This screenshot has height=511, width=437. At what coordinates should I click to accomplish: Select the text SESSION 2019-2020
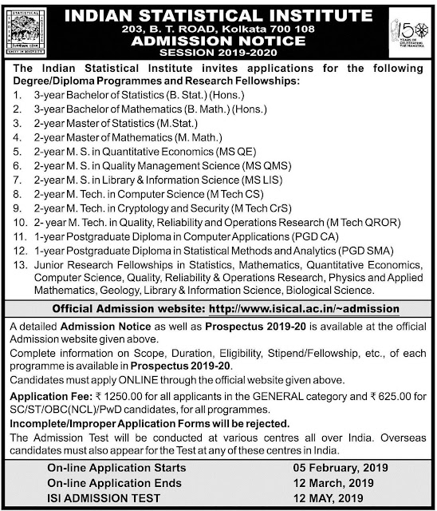coord(218,53)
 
